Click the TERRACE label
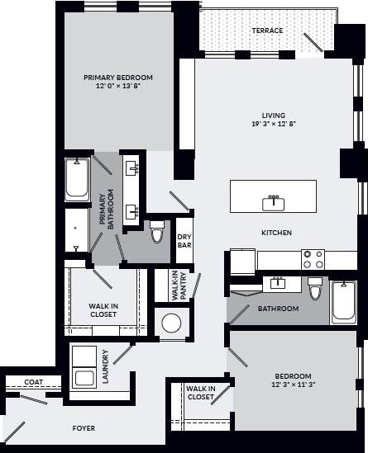pos(267,31)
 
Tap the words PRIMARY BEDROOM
pos(117,78)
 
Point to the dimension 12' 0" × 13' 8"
pos(117,87)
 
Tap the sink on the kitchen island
pos(273,201)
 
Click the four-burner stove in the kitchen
pos(313,260)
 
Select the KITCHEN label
pos(276,233)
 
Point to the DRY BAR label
pos(184,240)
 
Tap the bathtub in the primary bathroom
pos(78,180)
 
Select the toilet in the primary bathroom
pos(157,231)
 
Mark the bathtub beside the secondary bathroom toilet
pos(343,304)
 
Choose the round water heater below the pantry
pos(172,323)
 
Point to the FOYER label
pos(83,428)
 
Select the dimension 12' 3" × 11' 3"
pos(294,385)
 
